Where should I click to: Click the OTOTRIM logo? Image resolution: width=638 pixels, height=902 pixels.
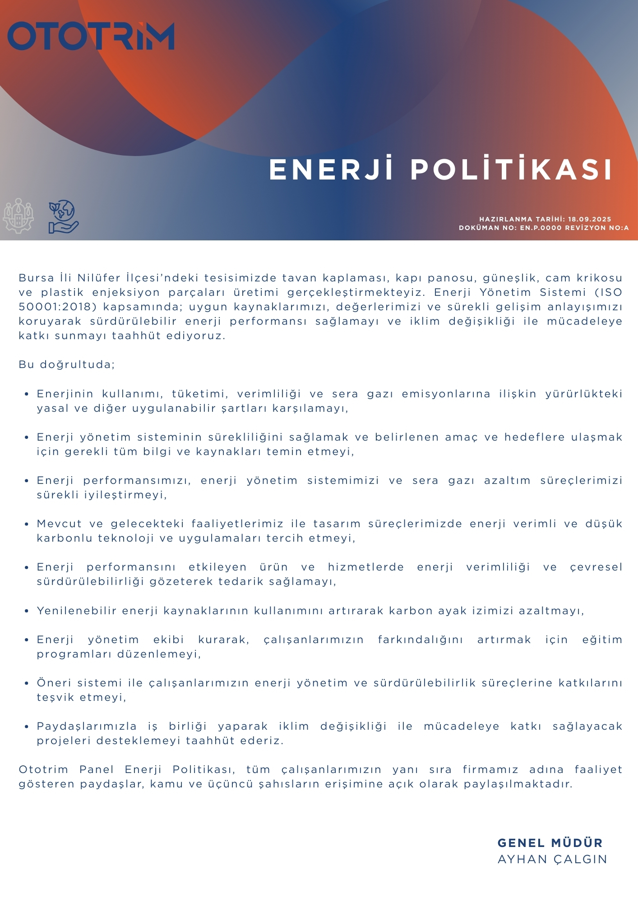pos(91,36)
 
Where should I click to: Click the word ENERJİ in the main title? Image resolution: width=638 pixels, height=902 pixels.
pos(331,169)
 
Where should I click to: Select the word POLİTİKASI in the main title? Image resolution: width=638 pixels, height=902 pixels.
pos(511,169)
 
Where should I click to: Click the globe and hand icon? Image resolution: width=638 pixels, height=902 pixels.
pos(64,216)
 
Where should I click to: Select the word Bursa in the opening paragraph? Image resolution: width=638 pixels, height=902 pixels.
pos(36,278)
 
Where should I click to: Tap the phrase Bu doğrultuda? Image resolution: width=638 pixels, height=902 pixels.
pos(67,364)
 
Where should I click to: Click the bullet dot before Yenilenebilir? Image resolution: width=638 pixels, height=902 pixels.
pos(27,611)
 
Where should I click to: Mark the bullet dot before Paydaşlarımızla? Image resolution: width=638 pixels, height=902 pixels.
pos(27,727)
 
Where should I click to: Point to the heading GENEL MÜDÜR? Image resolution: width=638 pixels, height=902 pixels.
pos(550,843)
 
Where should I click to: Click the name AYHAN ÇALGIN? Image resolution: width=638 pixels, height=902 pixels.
pos(552,859)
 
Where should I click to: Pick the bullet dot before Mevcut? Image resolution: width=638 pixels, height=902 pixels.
pos(27,524)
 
